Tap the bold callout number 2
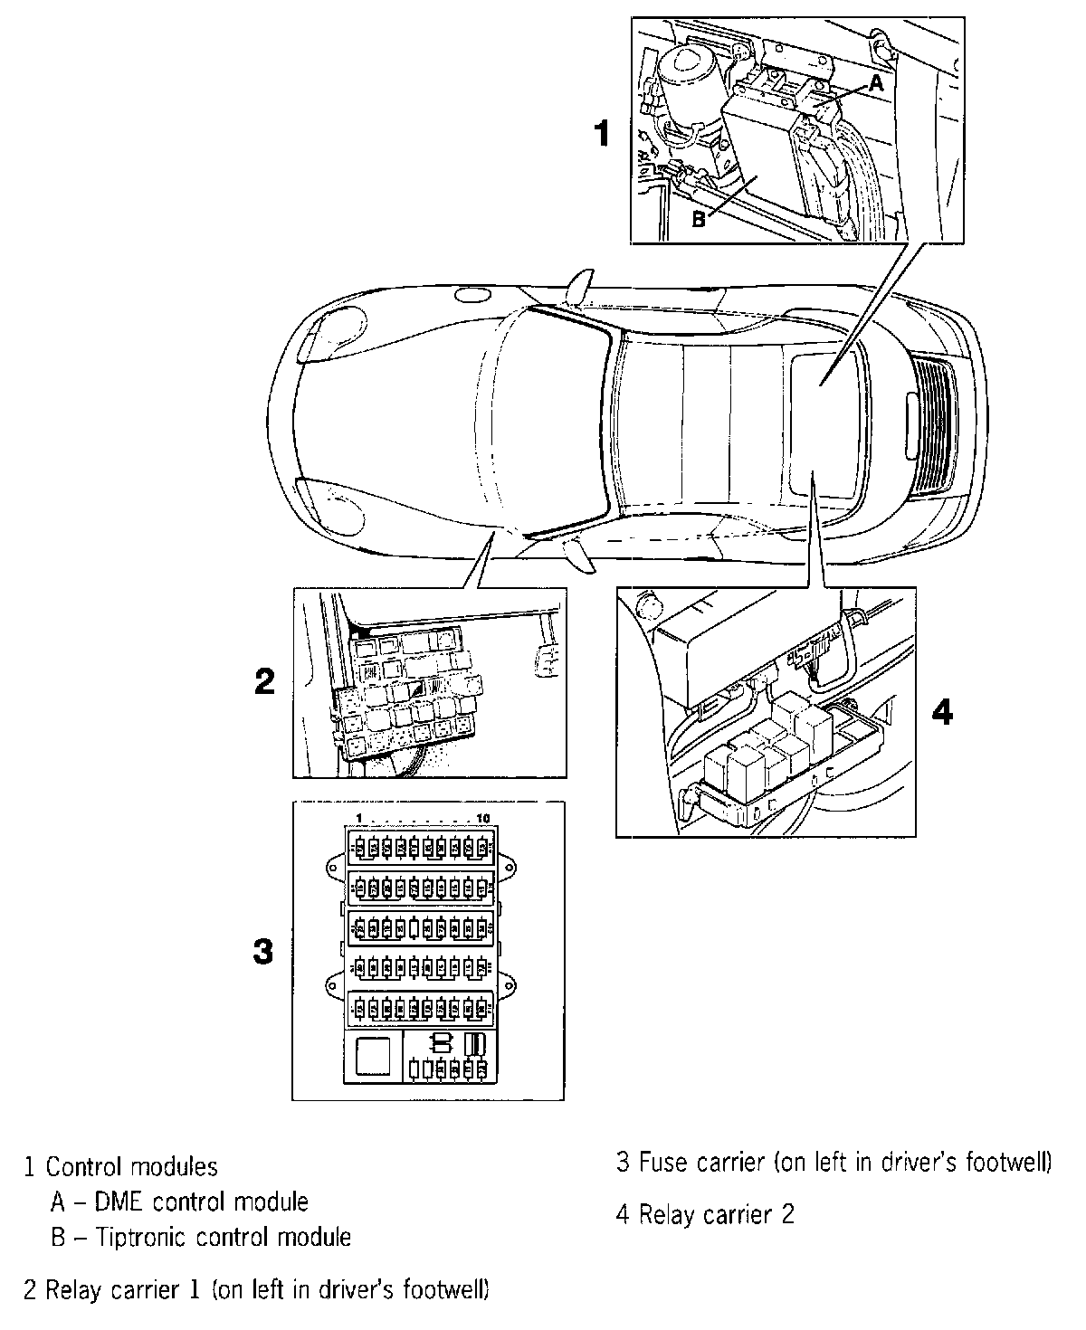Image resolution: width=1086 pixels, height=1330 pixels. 263,681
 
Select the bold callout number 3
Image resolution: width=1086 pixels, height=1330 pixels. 262,952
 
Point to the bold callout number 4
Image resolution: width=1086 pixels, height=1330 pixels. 942,713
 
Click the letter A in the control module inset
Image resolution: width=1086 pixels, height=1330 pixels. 875,84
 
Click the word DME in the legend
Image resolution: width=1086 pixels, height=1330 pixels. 125,1202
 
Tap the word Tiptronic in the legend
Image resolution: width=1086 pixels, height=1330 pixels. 148,1236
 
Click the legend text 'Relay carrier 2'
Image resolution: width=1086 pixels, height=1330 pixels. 716,1214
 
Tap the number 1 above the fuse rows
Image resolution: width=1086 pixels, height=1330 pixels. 359,819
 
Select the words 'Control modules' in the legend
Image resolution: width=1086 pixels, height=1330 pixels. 132,1167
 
